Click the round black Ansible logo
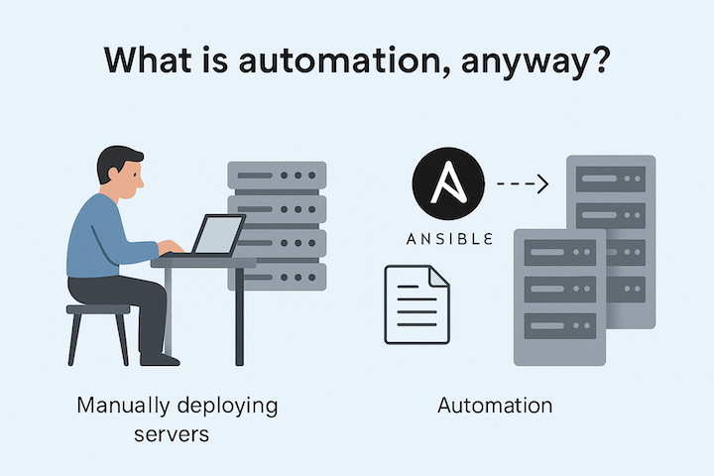[447, 184]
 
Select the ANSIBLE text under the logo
[447, 240]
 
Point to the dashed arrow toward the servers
[521, 183]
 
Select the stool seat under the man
[98, 310]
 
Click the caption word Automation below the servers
[495, 406]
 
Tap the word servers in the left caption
[175, 434]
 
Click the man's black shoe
[160, 359]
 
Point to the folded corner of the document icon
[437, 276]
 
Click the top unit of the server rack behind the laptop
[277, 177]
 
